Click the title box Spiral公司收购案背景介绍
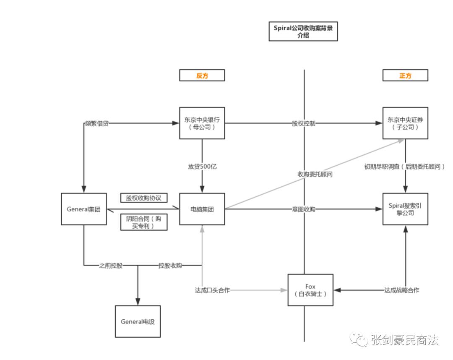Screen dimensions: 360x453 point(303,31)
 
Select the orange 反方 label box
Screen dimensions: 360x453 point(202,76)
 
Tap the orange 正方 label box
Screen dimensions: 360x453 point(405,76)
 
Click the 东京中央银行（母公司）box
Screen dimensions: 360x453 point(202,123)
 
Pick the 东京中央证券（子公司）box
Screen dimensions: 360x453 point(405,123)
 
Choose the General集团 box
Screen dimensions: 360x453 point(83,209)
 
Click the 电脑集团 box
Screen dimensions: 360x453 point(202,209)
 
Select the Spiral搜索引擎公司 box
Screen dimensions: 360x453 point(405,209)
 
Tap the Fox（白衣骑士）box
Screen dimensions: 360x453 point(310,290)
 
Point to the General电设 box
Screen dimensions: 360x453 point(138,321)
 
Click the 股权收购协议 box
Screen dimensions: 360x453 point(144,198)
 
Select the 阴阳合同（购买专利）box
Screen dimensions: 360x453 point(144,222)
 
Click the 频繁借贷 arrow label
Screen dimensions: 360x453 point(97,123)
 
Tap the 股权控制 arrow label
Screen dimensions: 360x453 point(304,123)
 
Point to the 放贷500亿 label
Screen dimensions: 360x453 point(202,166)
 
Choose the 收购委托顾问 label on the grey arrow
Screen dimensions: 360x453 point(315,174)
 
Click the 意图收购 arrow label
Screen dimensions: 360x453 point(304,209)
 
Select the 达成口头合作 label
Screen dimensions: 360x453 point(212,290)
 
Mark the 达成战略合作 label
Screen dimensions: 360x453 point(401,290)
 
